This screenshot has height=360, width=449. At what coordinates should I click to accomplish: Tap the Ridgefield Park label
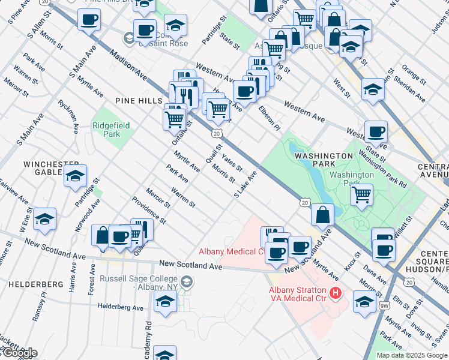106,130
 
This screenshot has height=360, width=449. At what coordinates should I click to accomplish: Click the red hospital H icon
336,293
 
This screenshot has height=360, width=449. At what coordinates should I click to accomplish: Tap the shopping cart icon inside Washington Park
361,194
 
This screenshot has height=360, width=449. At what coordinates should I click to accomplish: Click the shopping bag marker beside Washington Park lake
323,214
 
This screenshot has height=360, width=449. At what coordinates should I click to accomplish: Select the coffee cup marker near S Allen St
89,19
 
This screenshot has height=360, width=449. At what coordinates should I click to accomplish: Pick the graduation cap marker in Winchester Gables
76,175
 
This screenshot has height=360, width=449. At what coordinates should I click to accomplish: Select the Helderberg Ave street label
121,307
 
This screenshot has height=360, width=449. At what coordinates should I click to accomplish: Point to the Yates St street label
232,162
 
